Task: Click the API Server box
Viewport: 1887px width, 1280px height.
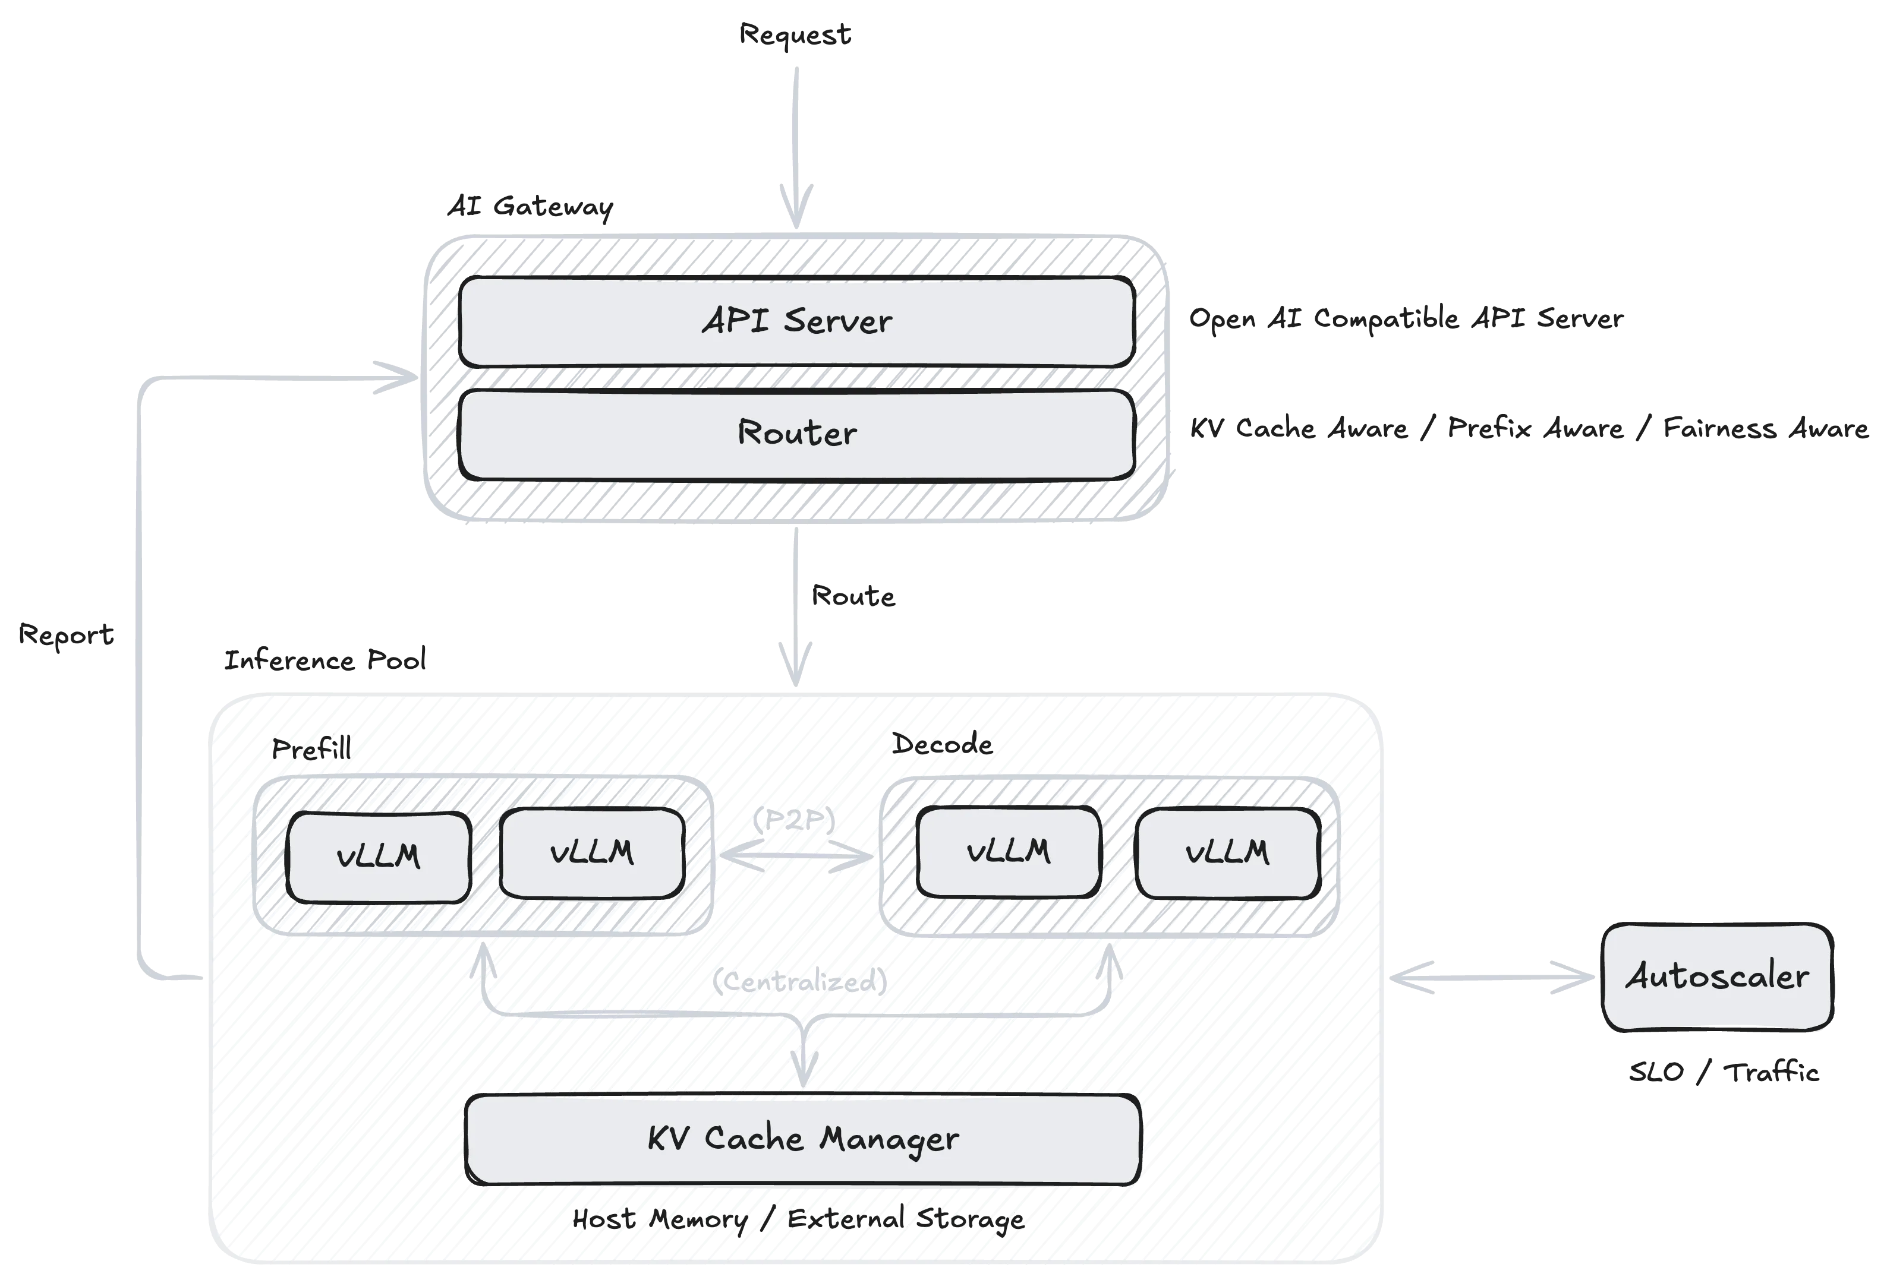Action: click(796, 321)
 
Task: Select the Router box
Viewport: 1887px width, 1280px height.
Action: click(796, 434)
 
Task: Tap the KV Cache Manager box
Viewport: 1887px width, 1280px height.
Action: click(802, 1139)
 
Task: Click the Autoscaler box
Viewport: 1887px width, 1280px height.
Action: click(1716, 976)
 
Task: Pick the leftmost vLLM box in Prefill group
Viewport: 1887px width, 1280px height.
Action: click(379, 857)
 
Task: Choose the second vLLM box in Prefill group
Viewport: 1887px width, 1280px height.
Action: click(591, 853)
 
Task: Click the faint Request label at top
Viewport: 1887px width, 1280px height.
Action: click(795, 35)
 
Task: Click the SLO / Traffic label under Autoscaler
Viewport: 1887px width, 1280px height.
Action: click(1721, 1073)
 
